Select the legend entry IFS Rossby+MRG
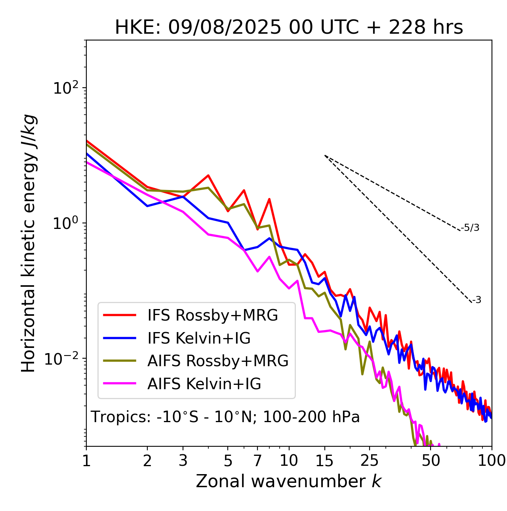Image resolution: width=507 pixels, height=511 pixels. (x=212, y=315)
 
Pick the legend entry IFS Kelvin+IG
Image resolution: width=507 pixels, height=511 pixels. (x=199, y=338)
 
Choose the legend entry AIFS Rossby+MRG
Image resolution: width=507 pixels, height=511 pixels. (x=218, y=361)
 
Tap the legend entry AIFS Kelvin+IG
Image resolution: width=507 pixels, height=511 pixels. (x=204, y=384)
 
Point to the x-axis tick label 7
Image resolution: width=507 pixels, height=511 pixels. (x=257, y=461)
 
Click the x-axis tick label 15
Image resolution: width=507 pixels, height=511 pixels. (x=325, y=461)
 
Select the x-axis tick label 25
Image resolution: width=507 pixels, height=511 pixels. (x=370, y=461)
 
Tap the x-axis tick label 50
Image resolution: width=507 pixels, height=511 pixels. (x=431, y=461)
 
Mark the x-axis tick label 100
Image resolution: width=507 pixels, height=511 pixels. (x=491, y=461)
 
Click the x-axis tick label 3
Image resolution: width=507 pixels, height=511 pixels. (x=183, y=461)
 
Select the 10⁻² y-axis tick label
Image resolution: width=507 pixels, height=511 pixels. (x=63, y=359)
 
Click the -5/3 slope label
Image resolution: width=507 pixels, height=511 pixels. (x=470, y=228)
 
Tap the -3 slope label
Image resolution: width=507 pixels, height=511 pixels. (x=477, y=300)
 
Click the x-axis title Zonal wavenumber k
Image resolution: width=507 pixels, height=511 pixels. (x=289, y=481)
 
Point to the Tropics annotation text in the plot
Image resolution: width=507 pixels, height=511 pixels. (x=225, y=417)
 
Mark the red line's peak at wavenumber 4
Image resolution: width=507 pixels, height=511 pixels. (x=208, y=175)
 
